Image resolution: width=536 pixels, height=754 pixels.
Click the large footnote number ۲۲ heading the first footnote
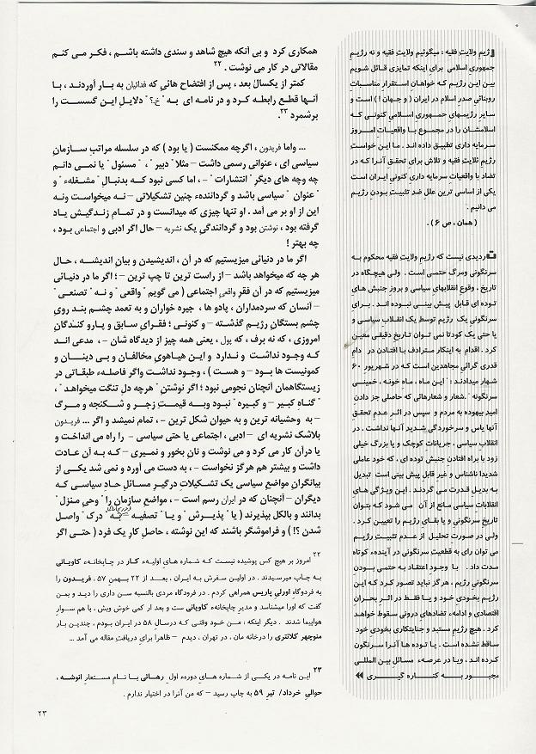(x=316, y=555)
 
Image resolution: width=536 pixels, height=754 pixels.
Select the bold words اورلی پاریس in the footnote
(x=218, y=595)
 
